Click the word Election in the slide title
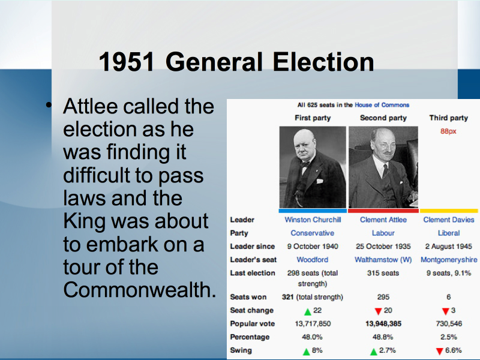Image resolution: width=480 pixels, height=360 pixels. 323,62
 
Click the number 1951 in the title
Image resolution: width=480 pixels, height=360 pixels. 127,62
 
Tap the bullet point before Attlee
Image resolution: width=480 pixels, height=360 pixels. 49,106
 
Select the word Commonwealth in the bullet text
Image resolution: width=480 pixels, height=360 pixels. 140,290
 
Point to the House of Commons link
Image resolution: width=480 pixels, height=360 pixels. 382,105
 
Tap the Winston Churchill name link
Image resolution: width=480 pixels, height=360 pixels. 313,220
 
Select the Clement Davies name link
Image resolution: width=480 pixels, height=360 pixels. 448,220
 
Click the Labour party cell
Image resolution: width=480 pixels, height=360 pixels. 383,233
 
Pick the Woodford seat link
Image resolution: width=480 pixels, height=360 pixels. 312,260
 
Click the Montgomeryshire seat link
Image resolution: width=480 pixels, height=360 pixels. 449,260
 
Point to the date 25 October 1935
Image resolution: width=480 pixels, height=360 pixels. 383,247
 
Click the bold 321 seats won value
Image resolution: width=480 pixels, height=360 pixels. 287,297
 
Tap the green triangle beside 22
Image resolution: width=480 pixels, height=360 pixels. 308,311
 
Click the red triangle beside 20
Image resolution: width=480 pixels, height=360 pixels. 378,311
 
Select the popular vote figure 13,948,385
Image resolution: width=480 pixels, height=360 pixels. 383,323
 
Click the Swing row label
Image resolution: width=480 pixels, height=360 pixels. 241,350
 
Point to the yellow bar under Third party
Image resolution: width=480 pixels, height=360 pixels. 449,211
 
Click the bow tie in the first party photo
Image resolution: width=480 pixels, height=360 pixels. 305,164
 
